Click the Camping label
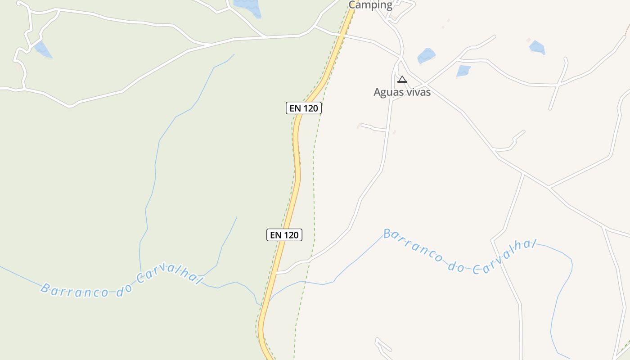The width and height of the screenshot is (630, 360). [x=370, y=5]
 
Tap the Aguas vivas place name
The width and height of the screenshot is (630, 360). [x=402, y=92]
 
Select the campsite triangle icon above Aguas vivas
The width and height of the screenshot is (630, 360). [x=402, y=80]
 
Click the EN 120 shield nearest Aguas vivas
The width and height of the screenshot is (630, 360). [x=304, y=108]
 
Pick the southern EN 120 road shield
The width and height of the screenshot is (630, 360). [x=284, y=235]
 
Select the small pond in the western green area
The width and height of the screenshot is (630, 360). [x=43, y=49]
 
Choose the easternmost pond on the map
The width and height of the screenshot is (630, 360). [x=537, y=47]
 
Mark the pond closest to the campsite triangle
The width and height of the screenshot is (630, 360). [x=426, y=56]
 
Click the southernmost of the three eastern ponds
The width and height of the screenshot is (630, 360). [x=463, y=71]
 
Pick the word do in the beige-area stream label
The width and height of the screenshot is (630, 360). [x=456, y=267]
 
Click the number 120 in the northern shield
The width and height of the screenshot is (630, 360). [x=310, y=108]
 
